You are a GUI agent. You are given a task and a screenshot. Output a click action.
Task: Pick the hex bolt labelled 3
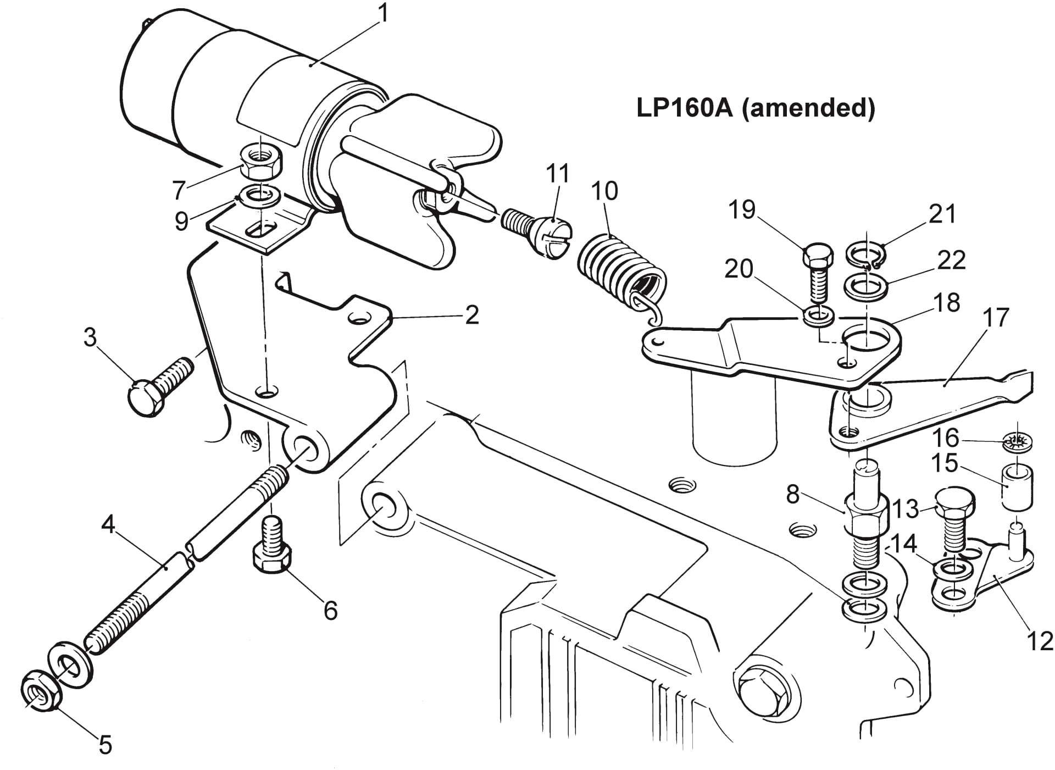coord(159,385)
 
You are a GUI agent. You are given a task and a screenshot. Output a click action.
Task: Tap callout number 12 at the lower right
coord(1039,640)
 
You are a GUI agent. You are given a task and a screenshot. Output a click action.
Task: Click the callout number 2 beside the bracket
coord(471,315)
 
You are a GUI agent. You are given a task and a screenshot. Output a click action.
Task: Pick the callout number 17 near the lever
coord(997,318)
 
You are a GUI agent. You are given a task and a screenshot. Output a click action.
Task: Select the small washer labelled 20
coord(818,315)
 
